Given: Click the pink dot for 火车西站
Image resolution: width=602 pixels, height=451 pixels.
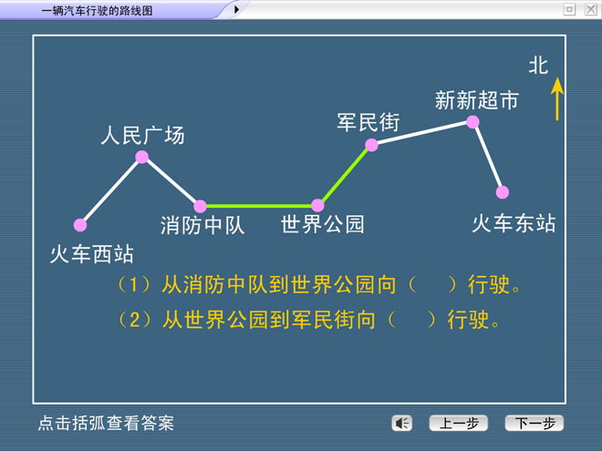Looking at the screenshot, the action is (x=80, y=225).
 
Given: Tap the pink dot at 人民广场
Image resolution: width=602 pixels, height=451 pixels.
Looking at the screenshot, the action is (x=142, y=157).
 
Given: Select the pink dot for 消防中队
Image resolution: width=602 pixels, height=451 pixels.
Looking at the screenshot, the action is (x=200, y=206).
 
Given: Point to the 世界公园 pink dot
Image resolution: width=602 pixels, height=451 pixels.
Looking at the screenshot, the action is (x=317, y=206).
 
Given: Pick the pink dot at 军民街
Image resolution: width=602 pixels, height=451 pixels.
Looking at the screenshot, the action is (x=371, y=145).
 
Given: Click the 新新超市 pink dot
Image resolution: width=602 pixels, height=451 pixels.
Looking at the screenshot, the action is (x=472, y=122).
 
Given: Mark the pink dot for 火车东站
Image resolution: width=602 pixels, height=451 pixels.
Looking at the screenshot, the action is (x=503, y=192).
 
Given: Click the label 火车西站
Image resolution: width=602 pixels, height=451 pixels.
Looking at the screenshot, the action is (x=92, y=254).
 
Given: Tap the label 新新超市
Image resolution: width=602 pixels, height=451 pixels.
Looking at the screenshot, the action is (x=477, y=100).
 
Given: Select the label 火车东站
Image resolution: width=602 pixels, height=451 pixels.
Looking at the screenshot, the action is (x=514, y=223).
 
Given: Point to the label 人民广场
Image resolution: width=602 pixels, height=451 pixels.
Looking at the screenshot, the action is (x=143, y=135).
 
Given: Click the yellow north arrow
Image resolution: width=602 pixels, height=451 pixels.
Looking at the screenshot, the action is (x=557, y=99).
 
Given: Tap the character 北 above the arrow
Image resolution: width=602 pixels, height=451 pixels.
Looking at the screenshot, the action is (x=538, y=66).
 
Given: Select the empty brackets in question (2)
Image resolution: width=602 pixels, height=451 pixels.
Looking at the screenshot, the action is (x=411, y=320).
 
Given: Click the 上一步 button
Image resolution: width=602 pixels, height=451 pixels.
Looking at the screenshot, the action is (x=459, y=423).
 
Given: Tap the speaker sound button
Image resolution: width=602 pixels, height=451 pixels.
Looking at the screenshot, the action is (x=401, y=424).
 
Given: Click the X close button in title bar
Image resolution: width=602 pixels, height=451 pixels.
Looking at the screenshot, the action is (x=590, y=9).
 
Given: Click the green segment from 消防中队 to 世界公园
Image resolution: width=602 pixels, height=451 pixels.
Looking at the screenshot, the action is (x=259, y=206).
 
